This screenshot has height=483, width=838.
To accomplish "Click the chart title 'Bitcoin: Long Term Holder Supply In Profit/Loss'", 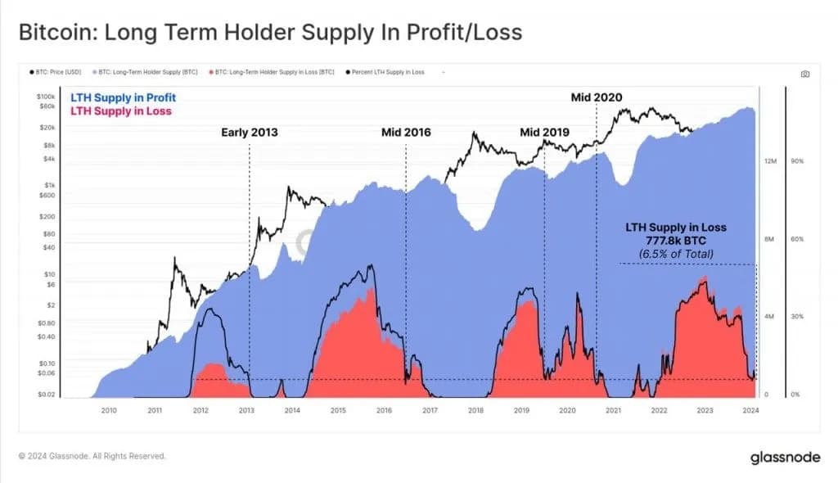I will tap(269, 33).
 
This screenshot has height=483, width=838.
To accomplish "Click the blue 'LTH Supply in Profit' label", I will tap(123, 98).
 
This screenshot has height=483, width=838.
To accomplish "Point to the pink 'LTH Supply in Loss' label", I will tap(120, 111).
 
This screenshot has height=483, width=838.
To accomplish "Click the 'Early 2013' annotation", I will tap(250, 132).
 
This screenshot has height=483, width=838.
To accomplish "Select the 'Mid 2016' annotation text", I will tap(406, 132).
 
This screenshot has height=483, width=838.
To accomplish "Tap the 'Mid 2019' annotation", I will tap(544, 132).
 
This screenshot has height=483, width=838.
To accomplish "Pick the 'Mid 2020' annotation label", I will tap(596, 97).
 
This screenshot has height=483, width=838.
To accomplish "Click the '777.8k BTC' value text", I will tap(675, 241).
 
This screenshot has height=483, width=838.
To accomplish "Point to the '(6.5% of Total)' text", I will tap(675, 255).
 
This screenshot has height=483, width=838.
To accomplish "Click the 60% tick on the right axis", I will tap(798, 239).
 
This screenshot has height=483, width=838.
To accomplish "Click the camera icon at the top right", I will tap(805, 74).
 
